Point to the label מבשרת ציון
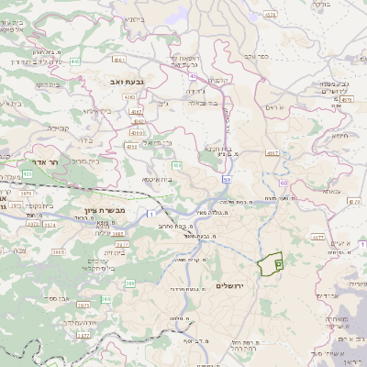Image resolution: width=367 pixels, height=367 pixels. (x=91, y=210)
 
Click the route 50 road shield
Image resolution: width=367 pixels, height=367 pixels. (x=225, y=180)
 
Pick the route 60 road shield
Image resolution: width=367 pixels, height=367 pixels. (x=283, y=183)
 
